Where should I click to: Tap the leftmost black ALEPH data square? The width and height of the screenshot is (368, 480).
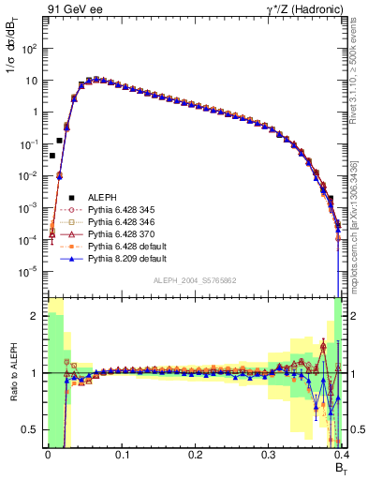[x=52, y=156]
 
